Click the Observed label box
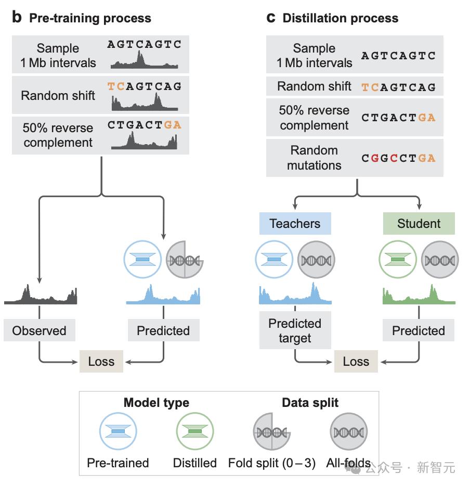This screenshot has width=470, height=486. (x=40, y=330)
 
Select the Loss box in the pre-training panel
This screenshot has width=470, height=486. (x=101, y=362)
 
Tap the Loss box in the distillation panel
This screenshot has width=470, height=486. (x=356, y=362)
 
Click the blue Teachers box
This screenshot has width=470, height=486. (x=295, y=224)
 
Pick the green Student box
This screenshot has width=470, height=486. (x=419, y=224)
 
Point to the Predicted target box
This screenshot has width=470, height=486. (x=295, y=331)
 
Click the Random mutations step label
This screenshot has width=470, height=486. (x=314, y=158)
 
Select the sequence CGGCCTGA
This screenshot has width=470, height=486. (x=398, y=158)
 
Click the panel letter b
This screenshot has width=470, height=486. (x=17, y=18)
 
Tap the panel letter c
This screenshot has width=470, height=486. (x=270, y=18)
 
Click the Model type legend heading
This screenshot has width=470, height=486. (x=156, y=402)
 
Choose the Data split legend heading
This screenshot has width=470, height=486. (x=310, y=402)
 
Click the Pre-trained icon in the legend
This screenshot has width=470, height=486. (x=118, y=432)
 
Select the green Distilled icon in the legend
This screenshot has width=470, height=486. (x=195, y=432)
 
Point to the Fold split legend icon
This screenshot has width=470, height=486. (x=272, y=432)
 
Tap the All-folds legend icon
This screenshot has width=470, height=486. (x=348, y=432)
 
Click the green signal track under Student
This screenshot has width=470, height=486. (x=419, y=296)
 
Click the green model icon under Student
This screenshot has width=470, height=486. (x=399, y=259)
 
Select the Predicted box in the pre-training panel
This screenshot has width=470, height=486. (x=163, y=330)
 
